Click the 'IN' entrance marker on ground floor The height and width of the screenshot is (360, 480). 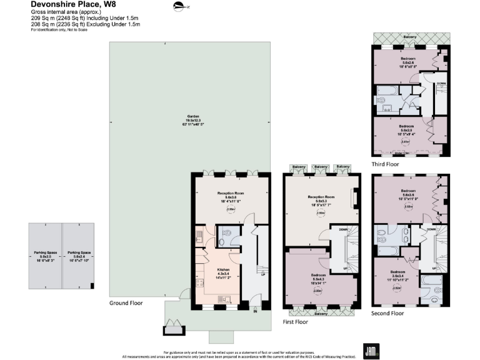coord(255,310)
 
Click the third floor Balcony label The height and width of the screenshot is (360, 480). coord(410,37)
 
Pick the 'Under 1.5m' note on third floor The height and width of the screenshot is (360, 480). coord(406,152)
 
